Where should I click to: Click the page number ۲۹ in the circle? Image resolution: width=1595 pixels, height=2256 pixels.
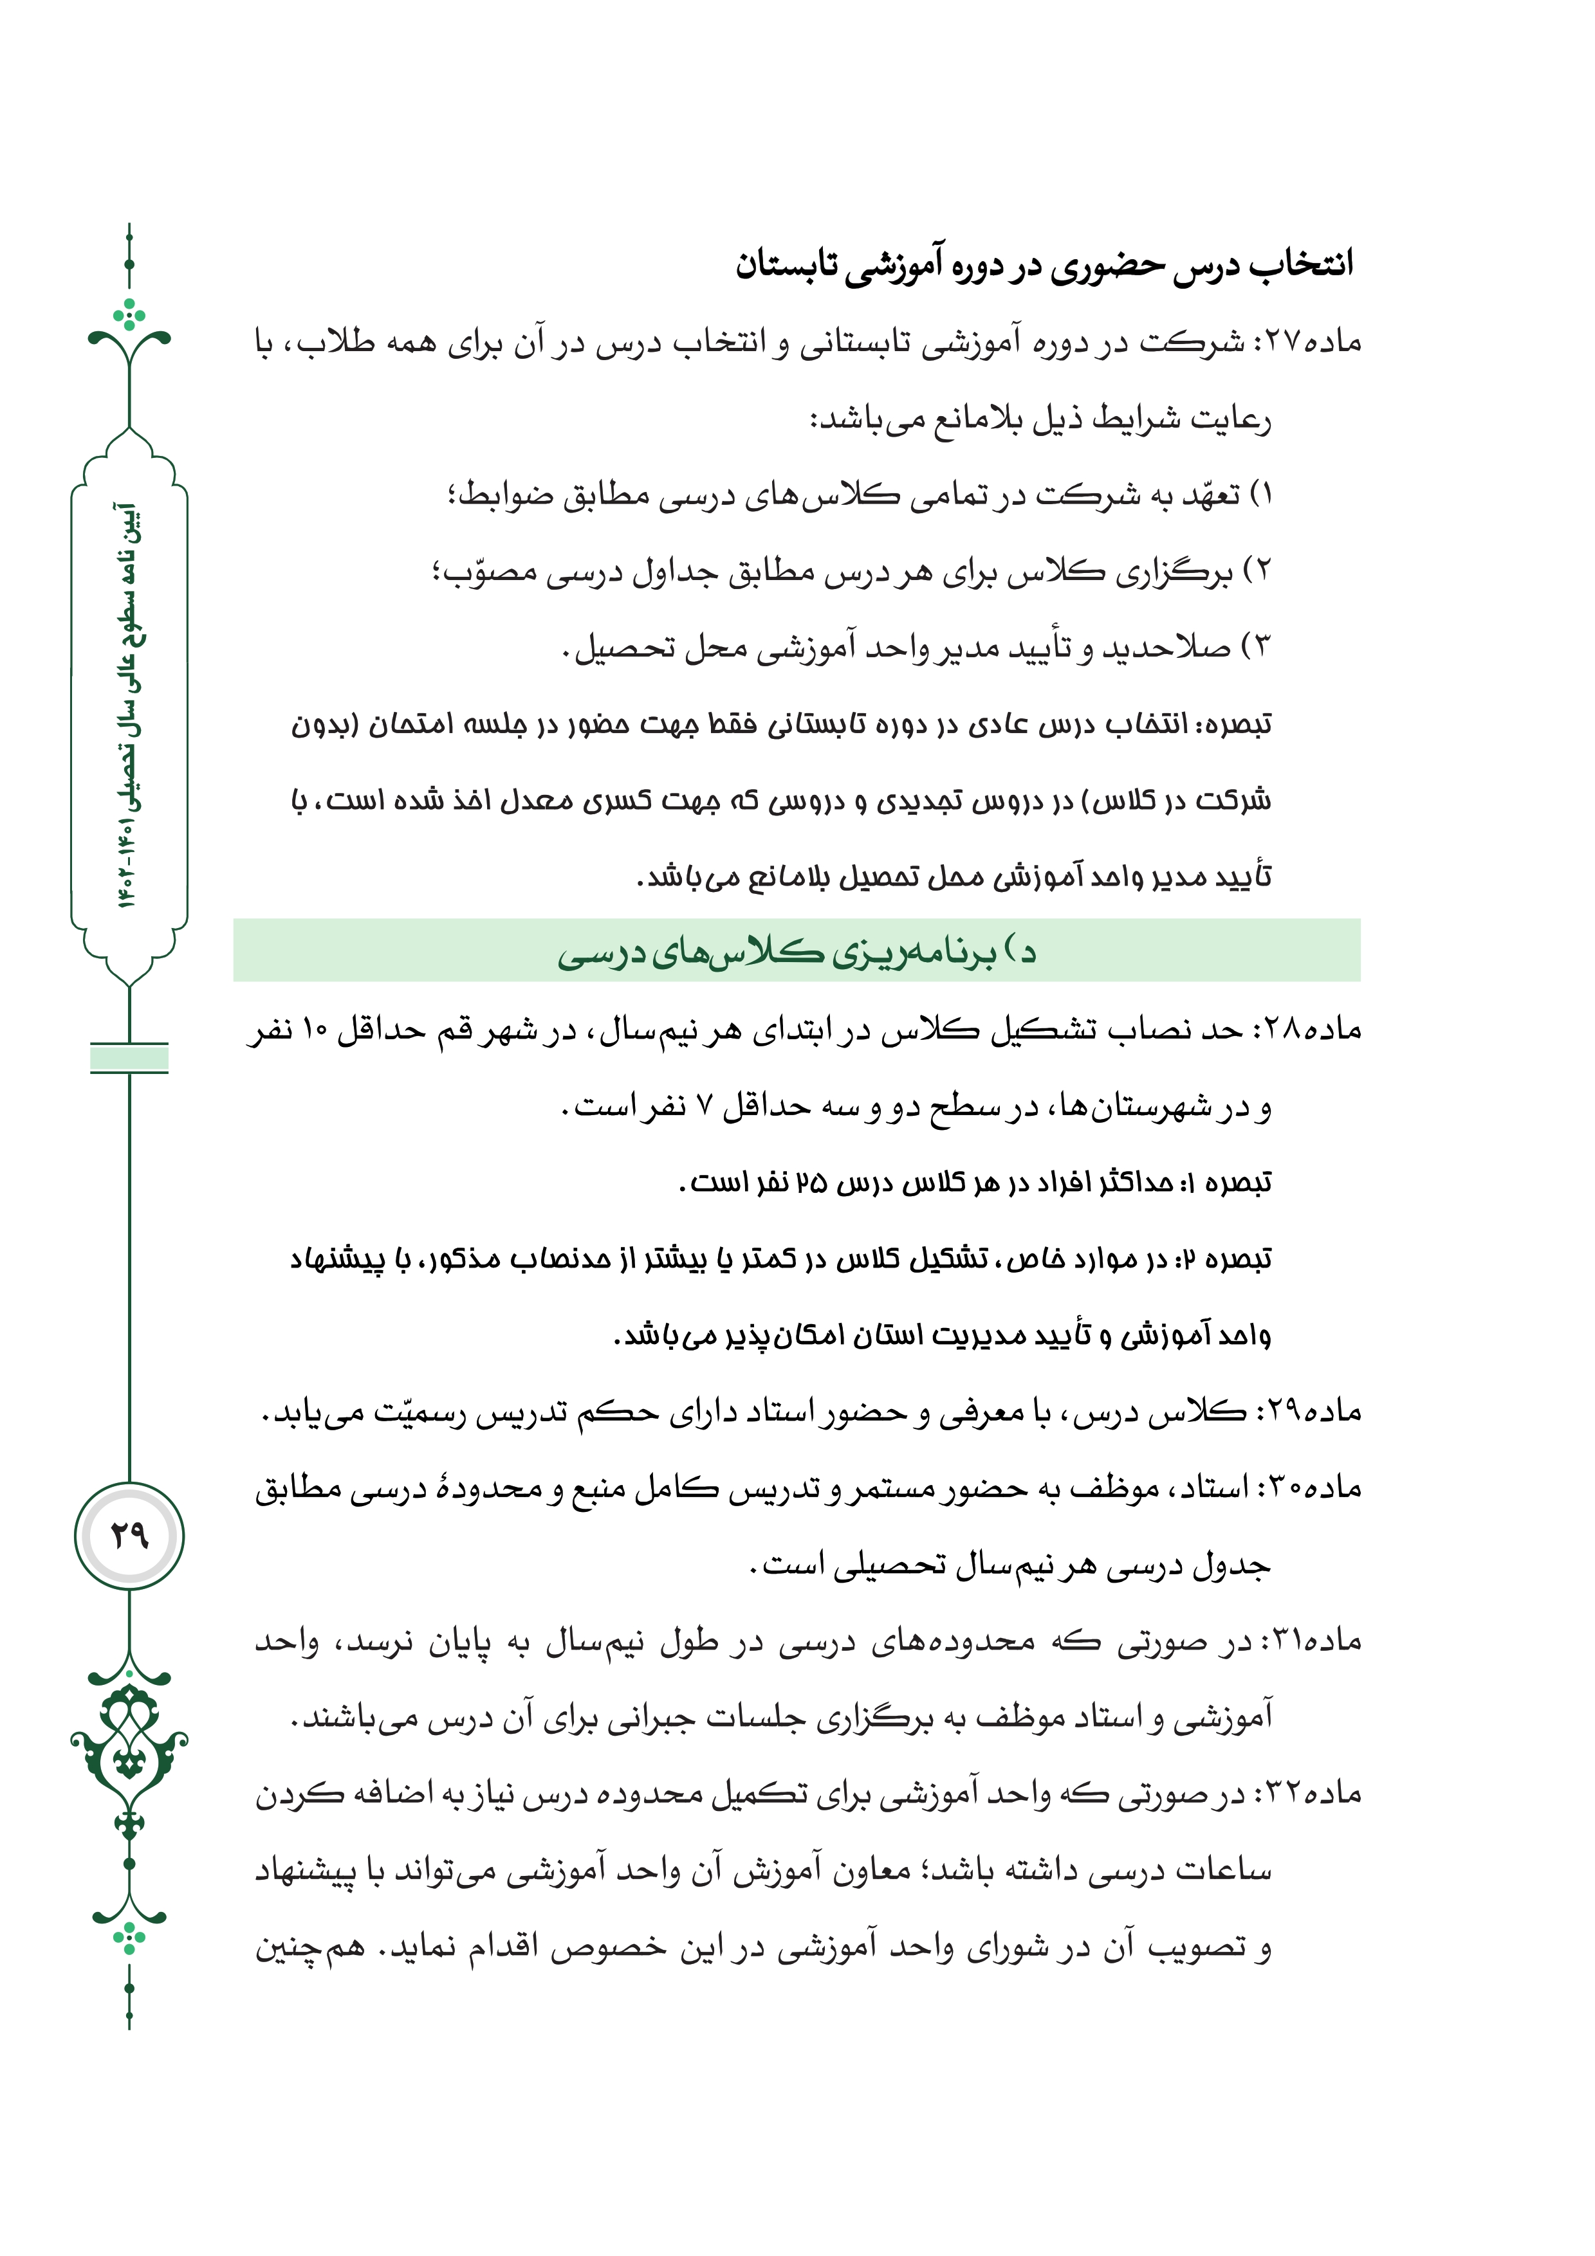click(x=129, y=1534)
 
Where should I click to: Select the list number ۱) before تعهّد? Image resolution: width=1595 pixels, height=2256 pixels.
click(x=1260, y=495)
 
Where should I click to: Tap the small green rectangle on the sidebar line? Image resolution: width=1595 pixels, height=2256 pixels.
click(x=129, y=1059)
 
